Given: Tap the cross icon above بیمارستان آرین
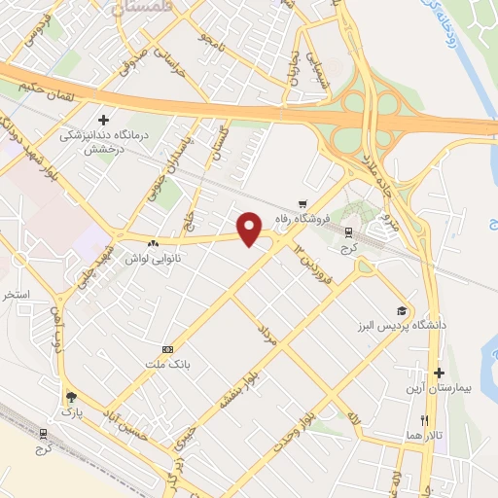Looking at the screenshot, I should (x=439, y=373).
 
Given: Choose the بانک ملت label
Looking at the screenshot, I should (x=166, y=363).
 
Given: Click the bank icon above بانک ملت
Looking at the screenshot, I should (x=167, y=348).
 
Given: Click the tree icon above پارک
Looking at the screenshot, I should (x=69, y=397).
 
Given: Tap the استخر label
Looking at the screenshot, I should (x=18, y=293).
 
